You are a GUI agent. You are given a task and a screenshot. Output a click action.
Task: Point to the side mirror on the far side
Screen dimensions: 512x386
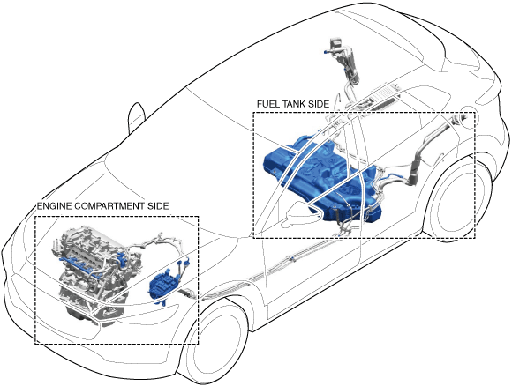pyautogui.click(x=137, y=117)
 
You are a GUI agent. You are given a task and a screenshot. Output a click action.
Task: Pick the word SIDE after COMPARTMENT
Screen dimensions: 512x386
pyautogui.click(x=158, y=206)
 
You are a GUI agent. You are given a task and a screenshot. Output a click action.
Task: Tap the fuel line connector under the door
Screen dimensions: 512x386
pyautogui.click(x=291, y=258)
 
